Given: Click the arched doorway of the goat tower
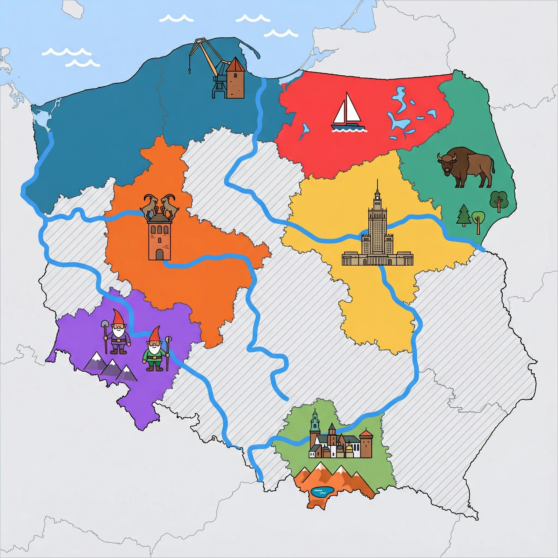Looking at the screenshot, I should pos(159,255).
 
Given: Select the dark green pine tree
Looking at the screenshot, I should pos(464,215).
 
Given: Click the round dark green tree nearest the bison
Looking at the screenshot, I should pos(498,199).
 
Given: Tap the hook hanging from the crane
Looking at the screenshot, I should pos(189,71).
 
